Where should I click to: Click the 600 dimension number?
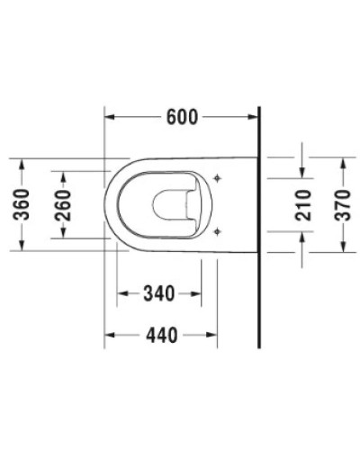click(x=183, y=116)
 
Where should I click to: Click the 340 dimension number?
click(x=158, y=293)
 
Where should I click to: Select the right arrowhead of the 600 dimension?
click(x=254, y=117)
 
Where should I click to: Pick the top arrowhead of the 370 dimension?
click(x=343, y=161)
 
